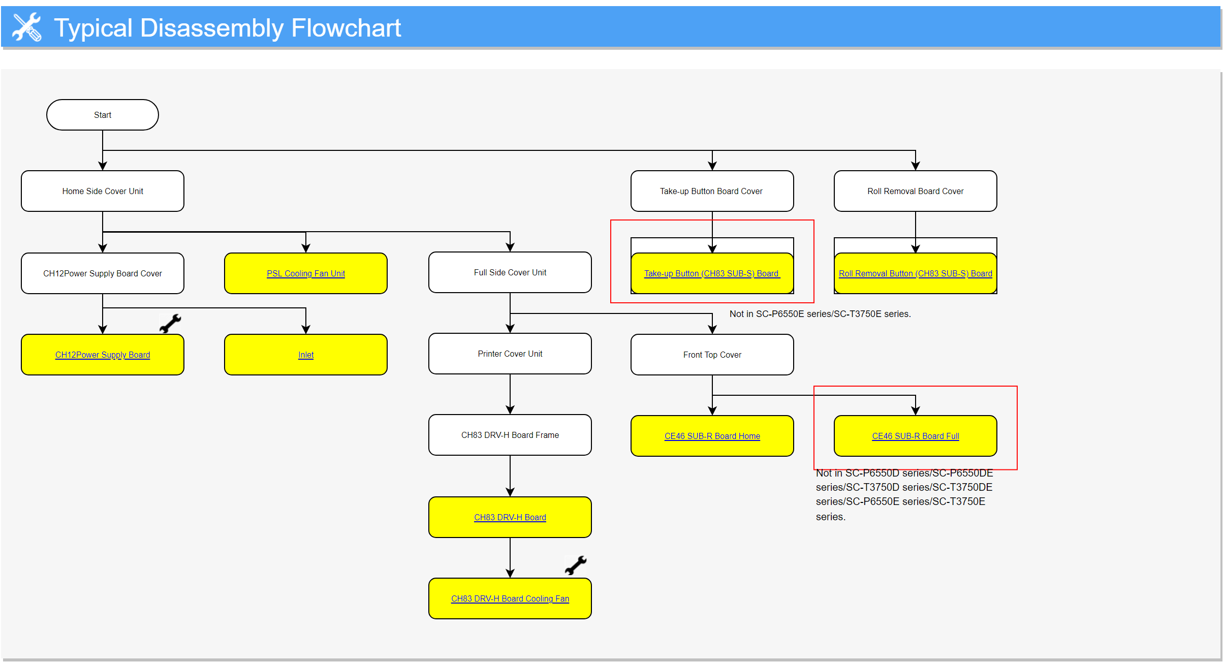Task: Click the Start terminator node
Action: click(x=103, y=115)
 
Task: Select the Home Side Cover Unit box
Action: click(x=103, y=191)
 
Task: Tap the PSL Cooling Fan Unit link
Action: click(x=306, y=273)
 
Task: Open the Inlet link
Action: click(x=306, y=355)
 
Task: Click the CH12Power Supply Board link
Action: click(x=103, y=355)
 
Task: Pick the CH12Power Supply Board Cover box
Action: click(x=103, y=273)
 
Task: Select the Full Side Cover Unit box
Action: click(x=510, y=272)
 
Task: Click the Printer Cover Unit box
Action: click(x=510, y=354)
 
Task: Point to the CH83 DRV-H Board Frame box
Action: click(x=510, y=435)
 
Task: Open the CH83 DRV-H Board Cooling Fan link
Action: click(x=510, y=598)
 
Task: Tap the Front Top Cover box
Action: click(x=712, y=355)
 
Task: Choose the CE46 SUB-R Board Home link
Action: click(x=712, y=436)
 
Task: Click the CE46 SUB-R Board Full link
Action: click(x=916, y=436)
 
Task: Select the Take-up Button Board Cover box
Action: click(x=712, y=191)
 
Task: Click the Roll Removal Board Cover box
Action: click(x=916, y=191)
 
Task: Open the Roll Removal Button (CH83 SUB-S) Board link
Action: click(x=916, y=273)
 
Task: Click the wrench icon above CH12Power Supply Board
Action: click(x=170, y=323)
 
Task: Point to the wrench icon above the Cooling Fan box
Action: click(x=576, y=565)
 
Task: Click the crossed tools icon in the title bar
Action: click(x=27, y=27)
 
